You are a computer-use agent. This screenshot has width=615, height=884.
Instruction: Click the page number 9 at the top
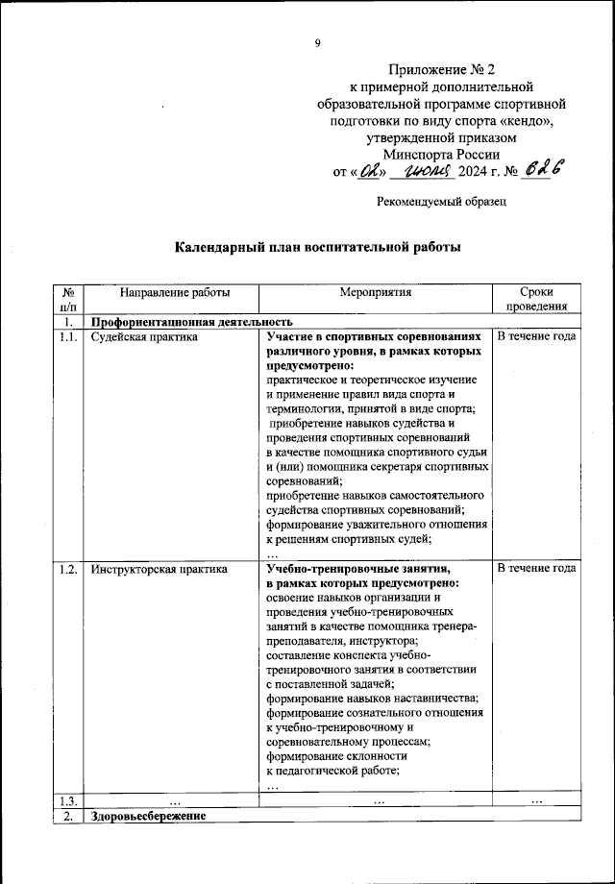click(317, 42)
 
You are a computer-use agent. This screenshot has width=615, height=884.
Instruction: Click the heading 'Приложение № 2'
click(441, 70)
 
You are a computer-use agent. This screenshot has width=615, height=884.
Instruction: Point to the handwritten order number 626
click(542, 170)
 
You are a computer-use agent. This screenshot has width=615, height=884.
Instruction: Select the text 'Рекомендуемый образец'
click(441, 202)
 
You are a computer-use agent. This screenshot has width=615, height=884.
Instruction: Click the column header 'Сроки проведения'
click(536, 300)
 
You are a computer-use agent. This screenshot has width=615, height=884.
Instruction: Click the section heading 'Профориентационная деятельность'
click(191, 323)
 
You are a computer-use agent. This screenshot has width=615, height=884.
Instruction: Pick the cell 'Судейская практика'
click(144, 338)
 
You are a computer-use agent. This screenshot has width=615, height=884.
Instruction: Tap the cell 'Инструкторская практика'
click(160, 569)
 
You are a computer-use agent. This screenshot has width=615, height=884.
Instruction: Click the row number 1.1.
click(68, 338)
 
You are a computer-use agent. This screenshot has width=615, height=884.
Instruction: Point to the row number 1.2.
click(68, 569)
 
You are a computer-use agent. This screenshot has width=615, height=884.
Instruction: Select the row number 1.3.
click(68, 800)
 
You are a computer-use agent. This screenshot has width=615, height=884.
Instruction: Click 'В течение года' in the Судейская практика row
click(536, 338)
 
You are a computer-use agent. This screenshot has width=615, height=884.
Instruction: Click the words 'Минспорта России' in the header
click(441, 155)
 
